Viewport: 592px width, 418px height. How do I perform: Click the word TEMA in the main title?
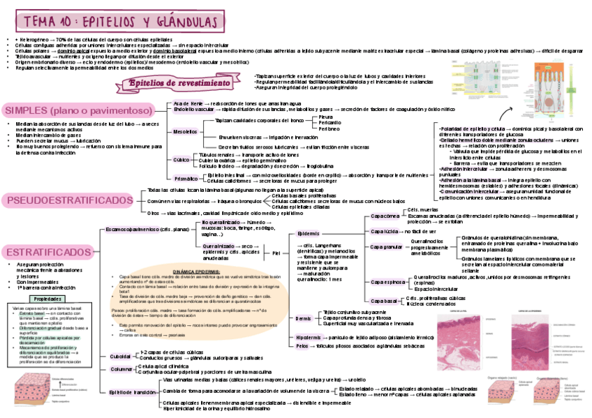click(x=39, y=22)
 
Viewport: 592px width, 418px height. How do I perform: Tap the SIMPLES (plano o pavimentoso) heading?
click(x=78, y=111)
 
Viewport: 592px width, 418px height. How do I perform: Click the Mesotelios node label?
click(x=184, y=131)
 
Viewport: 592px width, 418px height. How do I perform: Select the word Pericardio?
click(x=330, y=123)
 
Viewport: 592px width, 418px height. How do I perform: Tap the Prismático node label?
click(x=185, y=179)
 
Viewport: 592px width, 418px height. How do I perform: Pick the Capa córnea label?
click(x=385, y=216)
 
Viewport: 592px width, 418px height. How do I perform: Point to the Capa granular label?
click(x=387, y=246)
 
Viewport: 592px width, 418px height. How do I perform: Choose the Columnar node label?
click(x=121, y=368)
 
